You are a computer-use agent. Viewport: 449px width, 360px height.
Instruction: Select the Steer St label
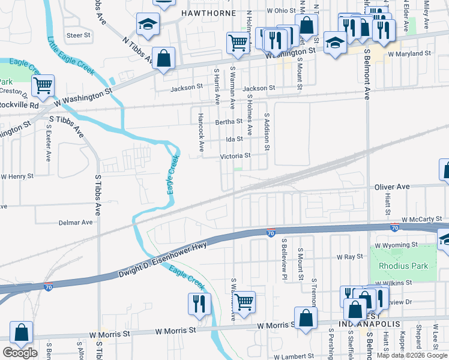(x=78, y=35)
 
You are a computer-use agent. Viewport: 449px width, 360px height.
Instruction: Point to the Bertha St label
(x=229, y=121)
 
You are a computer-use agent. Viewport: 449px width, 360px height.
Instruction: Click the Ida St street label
(x=234, y=139)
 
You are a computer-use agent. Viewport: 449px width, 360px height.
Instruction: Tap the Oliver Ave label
(x=391, y=187)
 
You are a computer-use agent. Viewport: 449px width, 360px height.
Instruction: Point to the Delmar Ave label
(x=76, y=222)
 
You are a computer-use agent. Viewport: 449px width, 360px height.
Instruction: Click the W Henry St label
(x=17, y=176)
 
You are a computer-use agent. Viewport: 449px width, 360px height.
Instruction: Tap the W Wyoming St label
(x=396, y=245)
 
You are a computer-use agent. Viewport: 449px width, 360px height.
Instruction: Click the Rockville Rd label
(x=19, y=104)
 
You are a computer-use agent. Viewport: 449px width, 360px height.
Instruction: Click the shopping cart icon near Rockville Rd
(x=43, y=86)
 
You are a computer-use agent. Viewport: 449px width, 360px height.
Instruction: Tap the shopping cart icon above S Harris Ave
(x=238, y=43)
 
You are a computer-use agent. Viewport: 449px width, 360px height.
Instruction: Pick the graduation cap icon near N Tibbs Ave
(x=146, y=24)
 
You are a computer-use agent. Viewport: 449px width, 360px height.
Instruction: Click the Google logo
(x=20, y=353)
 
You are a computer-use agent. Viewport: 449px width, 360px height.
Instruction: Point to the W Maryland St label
(x=409, y=54)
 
